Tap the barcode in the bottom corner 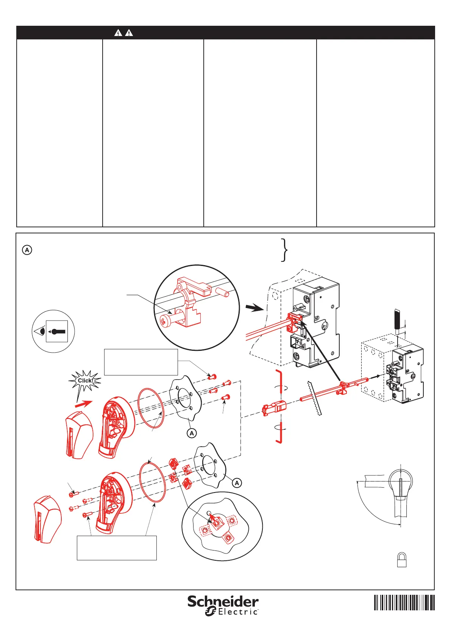[x=404, y=602]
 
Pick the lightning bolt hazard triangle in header [x=118, y=33]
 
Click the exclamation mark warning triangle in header [x=129, y=33]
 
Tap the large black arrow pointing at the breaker [x=254, y=308]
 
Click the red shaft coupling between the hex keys [x=274, y=408]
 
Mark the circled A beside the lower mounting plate [x=237, y=483]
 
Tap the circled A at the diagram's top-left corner [x=27, y=250]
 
